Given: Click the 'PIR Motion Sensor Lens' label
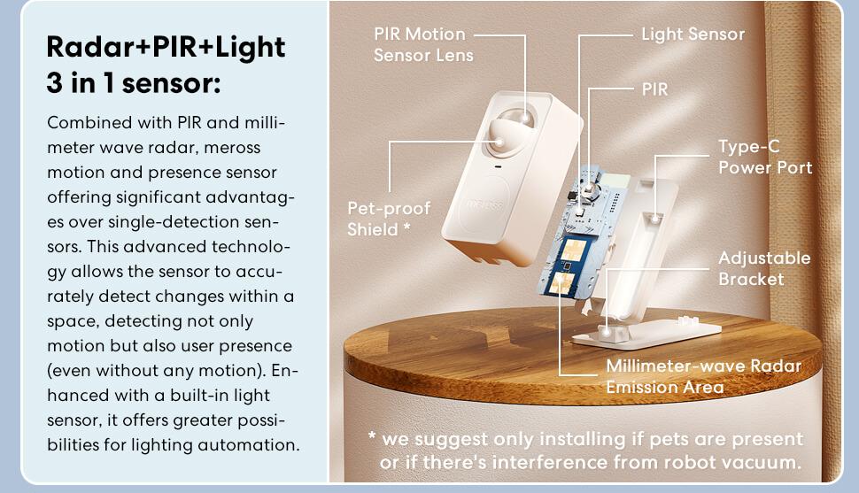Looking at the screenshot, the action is coord(423,44).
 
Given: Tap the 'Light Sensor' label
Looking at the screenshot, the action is coord(693,35).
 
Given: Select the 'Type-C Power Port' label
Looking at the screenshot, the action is coord(765,157).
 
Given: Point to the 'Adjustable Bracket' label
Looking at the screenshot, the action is coord(764,268).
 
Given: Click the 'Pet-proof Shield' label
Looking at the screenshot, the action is coord(389,219).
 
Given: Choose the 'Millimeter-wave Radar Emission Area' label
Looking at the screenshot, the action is coord(703,376).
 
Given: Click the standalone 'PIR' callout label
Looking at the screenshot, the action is coord(654,89).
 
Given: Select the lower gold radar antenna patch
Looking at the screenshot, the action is coord(561,282).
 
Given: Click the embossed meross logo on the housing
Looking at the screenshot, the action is coord(484,204).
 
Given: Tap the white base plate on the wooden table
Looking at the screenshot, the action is coord(646,330).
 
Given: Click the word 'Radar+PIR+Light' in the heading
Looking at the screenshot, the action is coord(166,47).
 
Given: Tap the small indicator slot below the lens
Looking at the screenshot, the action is coord(498,166).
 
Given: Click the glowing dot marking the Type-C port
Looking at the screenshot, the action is coord(654,219).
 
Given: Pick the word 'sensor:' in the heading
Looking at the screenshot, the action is coord(172,83).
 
